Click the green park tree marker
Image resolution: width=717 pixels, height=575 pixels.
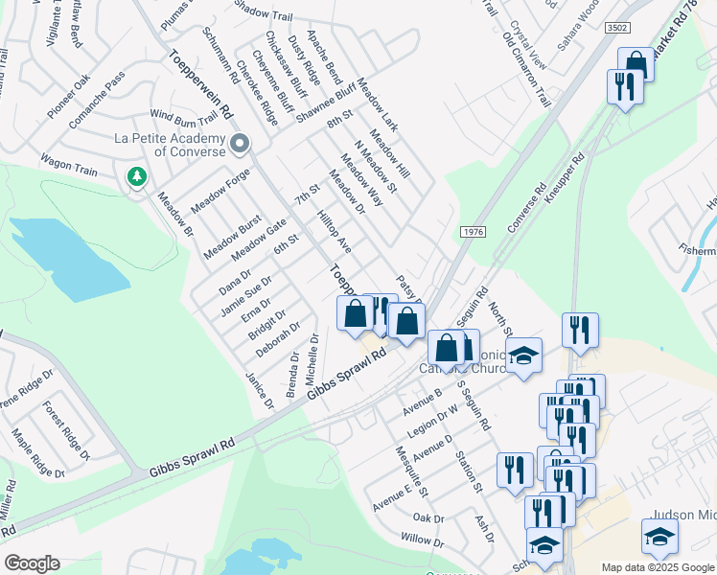(x=137, y=176)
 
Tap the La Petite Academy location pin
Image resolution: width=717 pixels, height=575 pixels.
(x=240, y=144)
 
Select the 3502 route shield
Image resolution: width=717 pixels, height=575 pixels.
(x=618, y=30)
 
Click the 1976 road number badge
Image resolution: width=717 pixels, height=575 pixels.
(x=472, y=233)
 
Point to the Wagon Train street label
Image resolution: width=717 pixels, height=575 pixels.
(x=68, y=164)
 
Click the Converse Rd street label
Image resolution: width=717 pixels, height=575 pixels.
(x=526, y=207)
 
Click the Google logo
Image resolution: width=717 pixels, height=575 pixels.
(x=32, y=563)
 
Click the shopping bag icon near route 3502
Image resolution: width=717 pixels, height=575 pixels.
(x=636, y=64)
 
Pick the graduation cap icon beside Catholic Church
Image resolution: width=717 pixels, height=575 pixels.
(x=523, y=356)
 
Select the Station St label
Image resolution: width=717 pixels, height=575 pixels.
(x=471, y=471)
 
